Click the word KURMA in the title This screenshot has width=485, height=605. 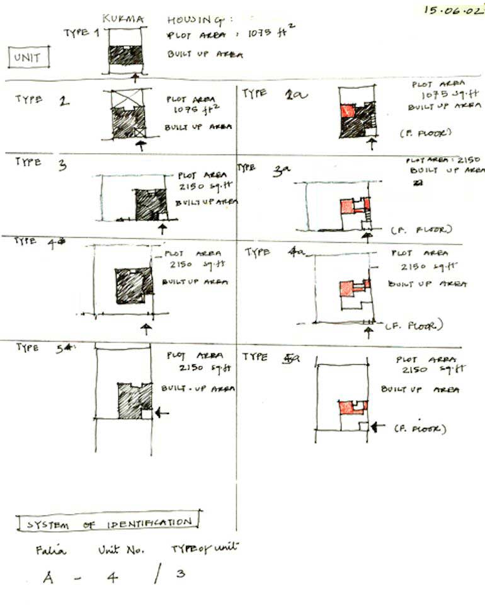[122, 19]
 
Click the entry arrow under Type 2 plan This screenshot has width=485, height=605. [140, 146]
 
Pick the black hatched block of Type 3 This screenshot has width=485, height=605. [151, 204]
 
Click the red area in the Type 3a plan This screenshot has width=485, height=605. [347, 206]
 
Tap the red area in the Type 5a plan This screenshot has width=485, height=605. [346, 408]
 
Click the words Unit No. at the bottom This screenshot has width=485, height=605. [121, 550]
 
